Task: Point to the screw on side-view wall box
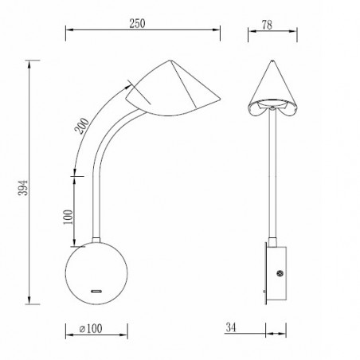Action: tap(281, 274)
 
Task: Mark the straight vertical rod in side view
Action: tap(272, 175)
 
